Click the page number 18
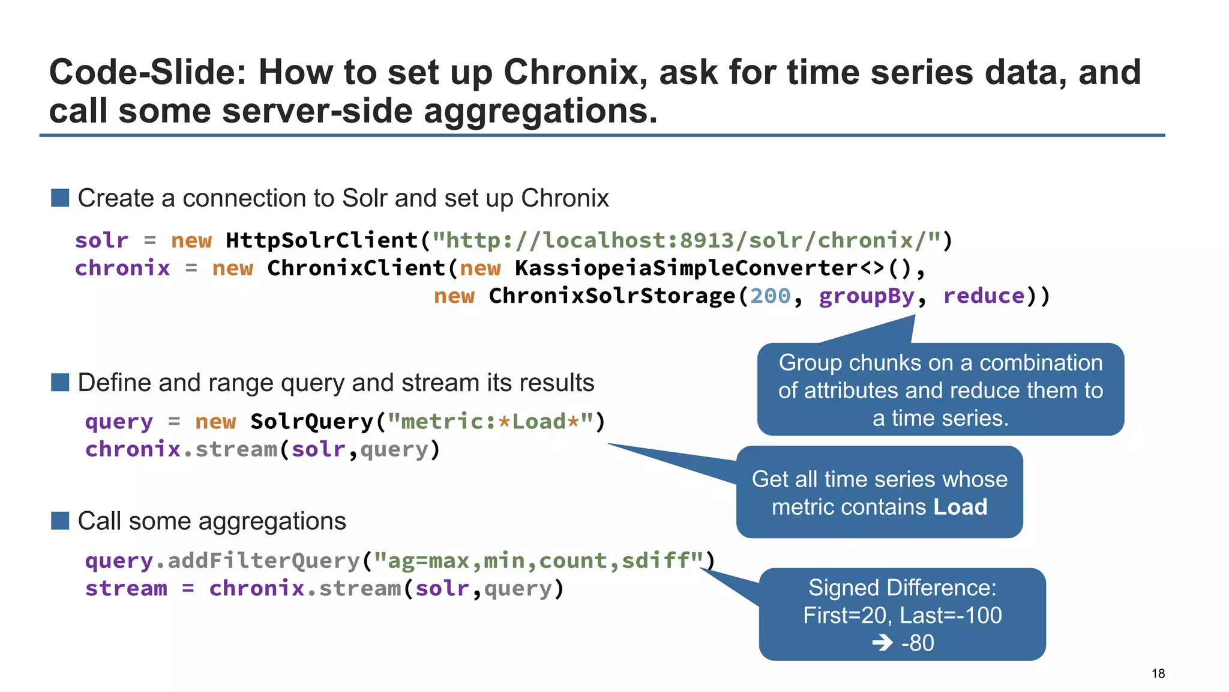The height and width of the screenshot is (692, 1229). (1158, 673)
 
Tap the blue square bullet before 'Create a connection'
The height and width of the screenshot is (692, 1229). (60, 198)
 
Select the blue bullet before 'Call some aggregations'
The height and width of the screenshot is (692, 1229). (60, 521)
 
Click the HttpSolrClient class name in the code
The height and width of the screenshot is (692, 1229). (322, 240)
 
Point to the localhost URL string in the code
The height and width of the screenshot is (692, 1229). (687, 240)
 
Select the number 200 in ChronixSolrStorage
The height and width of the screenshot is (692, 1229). (770, 296)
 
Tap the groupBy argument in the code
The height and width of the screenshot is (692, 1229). (866, 296)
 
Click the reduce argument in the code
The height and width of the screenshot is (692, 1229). (984, 296)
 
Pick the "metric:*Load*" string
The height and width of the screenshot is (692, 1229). (490, 421)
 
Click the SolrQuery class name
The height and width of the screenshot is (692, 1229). (311, 421)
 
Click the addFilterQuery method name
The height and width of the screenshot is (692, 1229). (263, 560)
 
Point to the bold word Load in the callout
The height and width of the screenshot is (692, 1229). (960, 507)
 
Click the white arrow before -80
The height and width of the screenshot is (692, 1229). (883, 643)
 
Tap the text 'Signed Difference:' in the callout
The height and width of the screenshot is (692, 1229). (902, 587)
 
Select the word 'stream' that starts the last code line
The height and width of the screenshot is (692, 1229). (126, 588)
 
